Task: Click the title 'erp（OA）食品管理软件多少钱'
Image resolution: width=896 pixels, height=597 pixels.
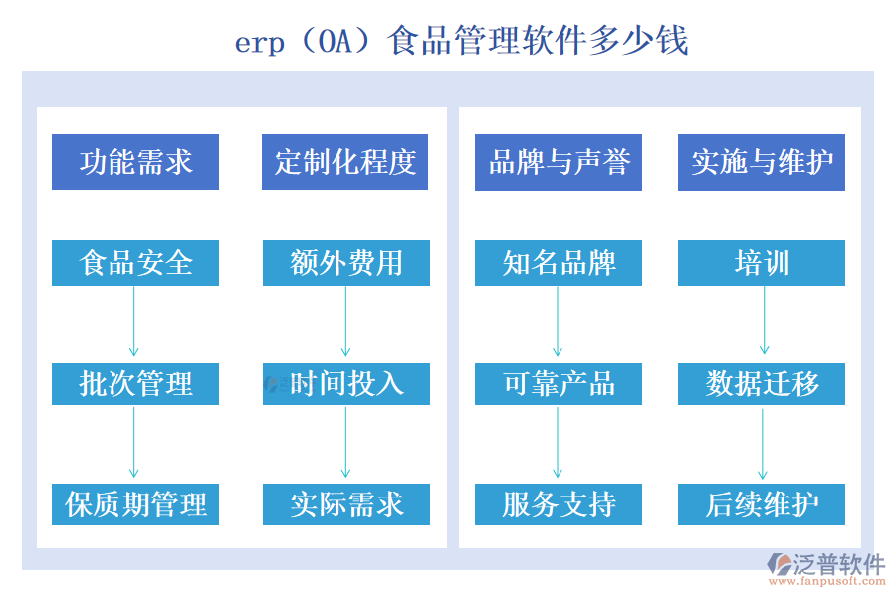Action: point(461,42)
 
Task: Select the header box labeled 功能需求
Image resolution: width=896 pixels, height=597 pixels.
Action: point(135,162)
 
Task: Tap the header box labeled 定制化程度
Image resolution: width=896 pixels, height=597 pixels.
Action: point(345,162)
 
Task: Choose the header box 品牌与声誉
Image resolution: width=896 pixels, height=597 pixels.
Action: point(559,162)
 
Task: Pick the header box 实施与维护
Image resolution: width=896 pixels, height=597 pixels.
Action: point(762,162)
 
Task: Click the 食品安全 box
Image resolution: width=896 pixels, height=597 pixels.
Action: point(135,263)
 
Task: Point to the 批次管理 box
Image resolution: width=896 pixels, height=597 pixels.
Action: point(135,383)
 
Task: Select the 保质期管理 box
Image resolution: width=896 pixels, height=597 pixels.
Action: point(135,504)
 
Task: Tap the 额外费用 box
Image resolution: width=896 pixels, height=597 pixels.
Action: point(346,263)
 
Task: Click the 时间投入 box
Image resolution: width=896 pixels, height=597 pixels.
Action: point(346,383)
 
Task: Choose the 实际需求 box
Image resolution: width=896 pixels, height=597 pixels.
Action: point(346,504)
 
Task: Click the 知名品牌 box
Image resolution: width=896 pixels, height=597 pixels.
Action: point(559,263)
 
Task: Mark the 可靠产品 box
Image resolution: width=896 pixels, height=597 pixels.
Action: point(559,383)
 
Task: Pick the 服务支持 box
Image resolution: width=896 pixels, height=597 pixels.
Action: point(559,504)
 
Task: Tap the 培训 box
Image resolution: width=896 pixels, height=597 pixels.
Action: point(762,263)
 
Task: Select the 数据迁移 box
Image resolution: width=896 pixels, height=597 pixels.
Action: point(762,383)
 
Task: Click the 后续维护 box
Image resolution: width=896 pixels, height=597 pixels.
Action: point(762,504)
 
